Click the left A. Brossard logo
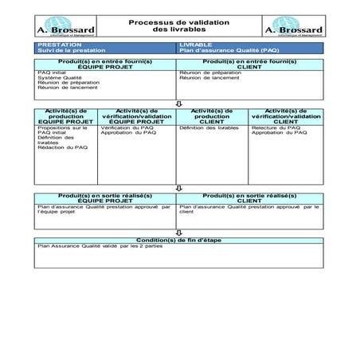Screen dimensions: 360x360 [x=66, y=26]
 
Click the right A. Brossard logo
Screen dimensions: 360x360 [x=293, y=26]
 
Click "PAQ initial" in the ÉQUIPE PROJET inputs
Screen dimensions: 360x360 [x=52, y=72]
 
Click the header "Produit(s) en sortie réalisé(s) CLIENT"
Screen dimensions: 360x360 [x=250, y=198]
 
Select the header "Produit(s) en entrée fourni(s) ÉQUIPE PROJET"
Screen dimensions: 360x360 [x=107, y=63]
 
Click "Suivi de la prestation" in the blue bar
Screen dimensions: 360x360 [x=65, y=50]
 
